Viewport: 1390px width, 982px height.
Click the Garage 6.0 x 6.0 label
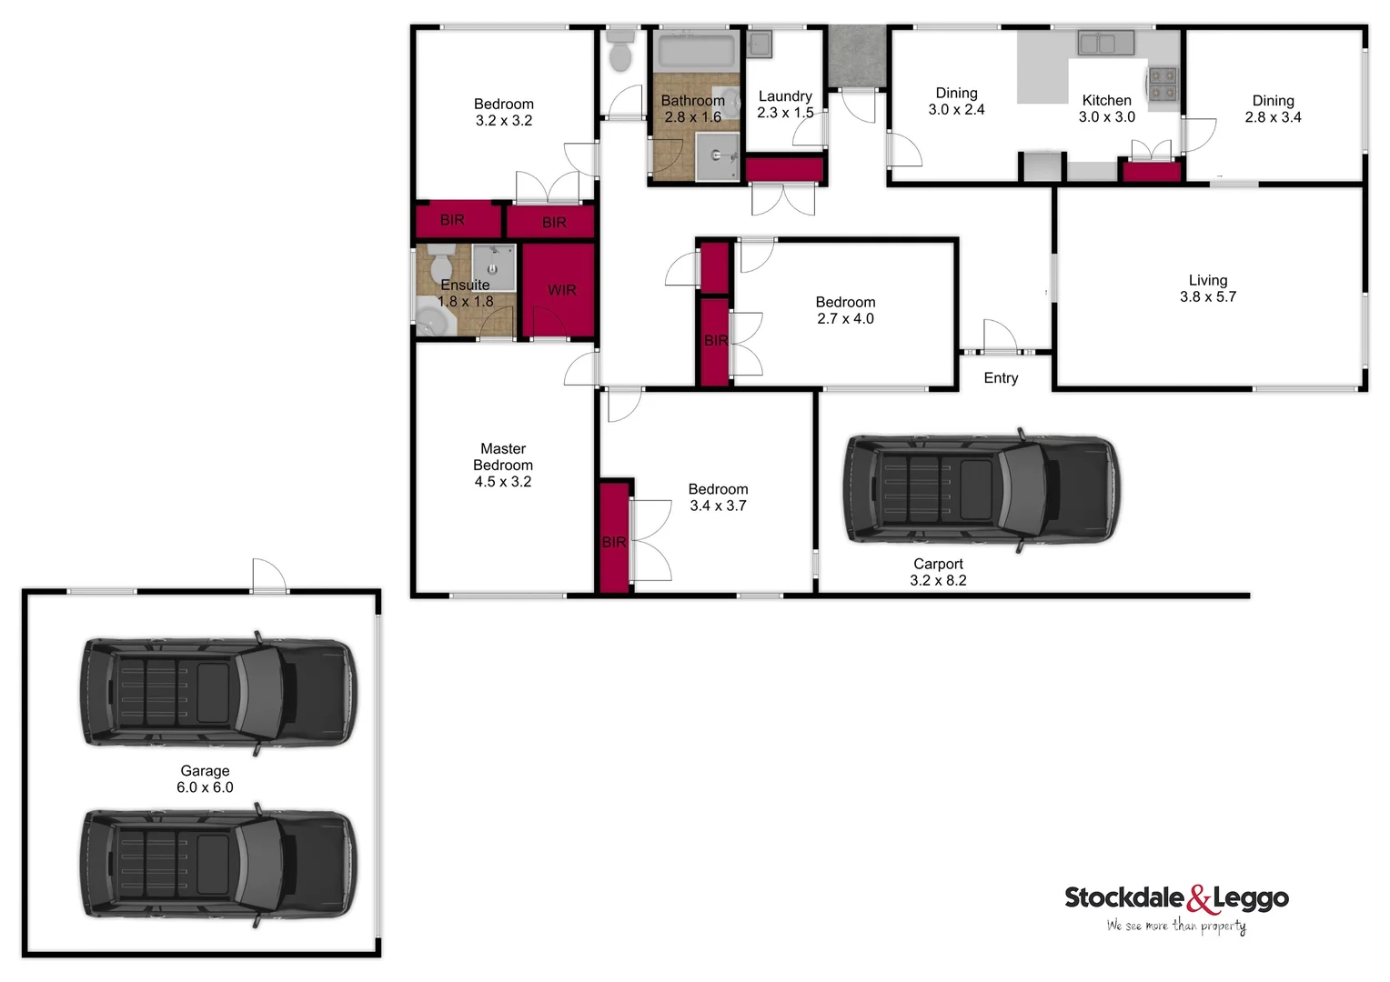point(205,779)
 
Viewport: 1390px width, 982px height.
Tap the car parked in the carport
point(982,490)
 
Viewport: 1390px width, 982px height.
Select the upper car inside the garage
point(218,693)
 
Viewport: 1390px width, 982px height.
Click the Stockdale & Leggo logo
point(1176,907)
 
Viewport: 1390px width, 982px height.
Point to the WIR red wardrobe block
point(559,290)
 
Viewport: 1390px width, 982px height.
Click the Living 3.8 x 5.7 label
point(1207,288)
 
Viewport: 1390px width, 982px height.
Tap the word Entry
point(1001,378)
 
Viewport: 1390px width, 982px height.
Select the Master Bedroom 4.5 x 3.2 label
point(503,465)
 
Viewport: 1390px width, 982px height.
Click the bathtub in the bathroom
point(696,51)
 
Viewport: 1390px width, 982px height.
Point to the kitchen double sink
point(1105,43)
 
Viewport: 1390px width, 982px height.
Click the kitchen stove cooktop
point(1163,84)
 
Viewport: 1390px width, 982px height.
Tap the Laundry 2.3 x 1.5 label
point(785,105)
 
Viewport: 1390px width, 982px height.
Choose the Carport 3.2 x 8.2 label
point(938,572)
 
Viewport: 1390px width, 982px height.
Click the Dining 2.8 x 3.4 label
point(1273,108)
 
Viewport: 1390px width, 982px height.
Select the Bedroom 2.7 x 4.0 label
point(845,310)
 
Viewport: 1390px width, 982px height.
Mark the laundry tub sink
point(760,45)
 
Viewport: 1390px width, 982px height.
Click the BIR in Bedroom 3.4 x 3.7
point(615,537)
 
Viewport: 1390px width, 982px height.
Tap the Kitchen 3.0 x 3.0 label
point(1106,108)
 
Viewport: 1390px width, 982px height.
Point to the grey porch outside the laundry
point(856,56)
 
